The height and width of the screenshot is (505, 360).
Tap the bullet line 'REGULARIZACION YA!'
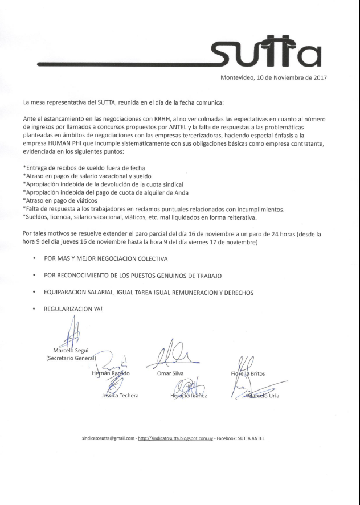tap(73, 309)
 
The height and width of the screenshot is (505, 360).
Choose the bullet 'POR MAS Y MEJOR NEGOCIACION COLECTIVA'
tap(105, 258)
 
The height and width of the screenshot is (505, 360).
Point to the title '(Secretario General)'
tap(71, 358)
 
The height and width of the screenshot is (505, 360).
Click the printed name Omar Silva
tap(170, 373)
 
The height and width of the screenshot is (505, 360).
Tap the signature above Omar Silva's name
tap(171, 355)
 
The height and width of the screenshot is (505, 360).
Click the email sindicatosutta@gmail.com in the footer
tap(108, 438)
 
